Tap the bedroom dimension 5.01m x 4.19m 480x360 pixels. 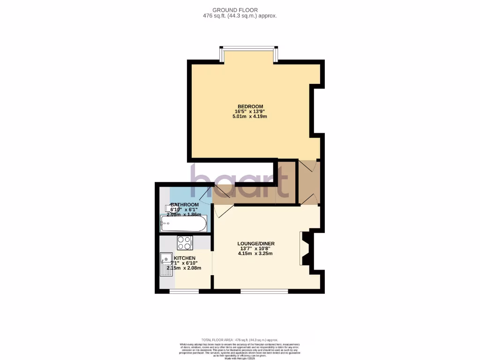point(249,116)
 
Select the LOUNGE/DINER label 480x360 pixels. point(255,243)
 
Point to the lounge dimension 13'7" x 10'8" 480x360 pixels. point(255,248)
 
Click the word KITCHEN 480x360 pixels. point(185,258)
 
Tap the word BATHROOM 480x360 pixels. point(184,205)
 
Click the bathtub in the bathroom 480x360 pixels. point(183,224)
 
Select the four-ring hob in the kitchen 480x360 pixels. point(185,242)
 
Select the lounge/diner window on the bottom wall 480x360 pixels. point(264,291)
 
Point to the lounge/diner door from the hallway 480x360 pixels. point(222,211)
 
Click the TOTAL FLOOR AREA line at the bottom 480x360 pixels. point(240,340)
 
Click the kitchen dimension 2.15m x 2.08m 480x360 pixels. point(184,268)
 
